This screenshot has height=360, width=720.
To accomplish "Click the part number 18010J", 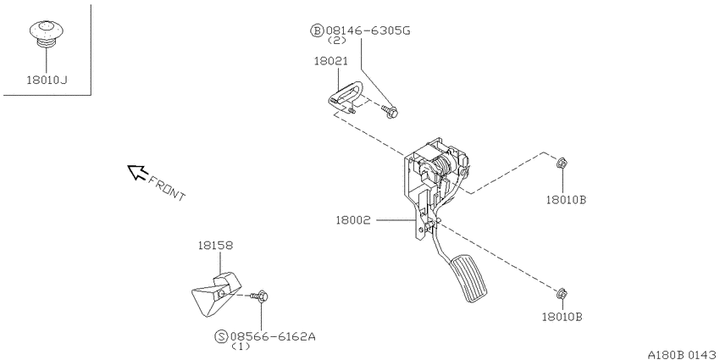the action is pos(47,80).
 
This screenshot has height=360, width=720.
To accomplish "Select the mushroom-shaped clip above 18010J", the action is pos(47,33).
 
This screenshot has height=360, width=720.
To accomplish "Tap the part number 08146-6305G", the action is pos(368,30).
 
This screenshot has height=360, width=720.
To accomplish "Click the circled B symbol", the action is pos(318,30).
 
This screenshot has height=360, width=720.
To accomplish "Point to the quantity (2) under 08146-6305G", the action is pos(336,41).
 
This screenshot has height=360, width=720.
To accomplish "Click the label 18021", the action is pos(330,61).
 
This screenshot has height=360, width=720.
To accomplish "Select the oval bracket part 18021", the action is pos(346,96).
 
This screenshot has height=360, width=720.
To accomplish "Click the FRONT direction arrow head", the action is pos(136,172).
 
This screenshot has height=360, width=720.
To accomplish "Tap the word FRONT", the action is pos(167,188).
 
